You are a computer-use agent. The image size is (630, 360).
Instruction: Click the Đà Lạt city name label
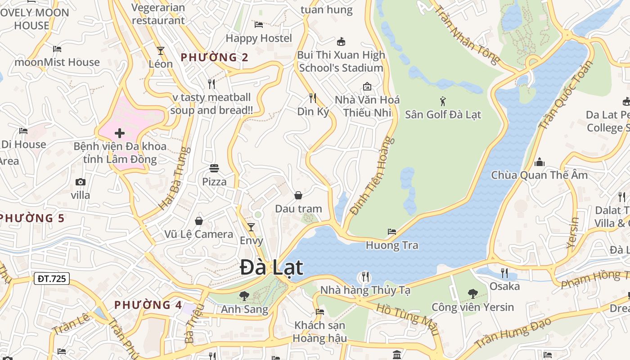[x=271, y=268]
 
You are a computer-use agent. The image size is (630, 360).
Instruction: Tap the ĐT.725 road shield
[x=52, y=279]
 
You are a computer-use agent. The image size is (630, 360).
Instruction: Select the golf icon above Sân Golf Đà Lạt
[x=443, y=101]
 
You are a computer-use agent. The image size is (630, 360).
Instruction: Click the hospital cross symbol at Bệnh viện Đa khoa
[x=120, y=133]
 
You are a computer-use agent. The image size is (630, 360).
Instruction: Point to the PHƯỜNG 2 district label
[x=214, y=57]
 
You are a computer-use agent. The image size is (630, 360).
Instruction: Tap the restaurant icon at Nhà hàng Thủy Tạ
[x=365, y=276]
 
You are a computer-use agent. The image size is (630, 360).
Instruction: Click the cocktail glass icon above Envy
[x=251, y=227]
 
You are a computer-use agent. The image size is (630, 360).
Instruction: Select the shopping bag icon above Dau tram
[x=298, y=195]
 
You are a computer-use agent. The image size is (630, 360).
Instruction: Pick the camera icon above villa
[x=81, y=182]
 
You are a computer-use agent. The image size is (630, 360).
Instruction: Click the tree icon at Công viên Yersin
[x=472, y=294]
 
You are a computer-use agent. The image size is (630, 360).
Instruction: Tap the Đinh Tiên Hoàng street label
[x=372, y=176]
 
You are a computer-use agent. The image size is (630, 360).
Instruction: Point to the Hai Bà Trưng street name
[x=172, y=179]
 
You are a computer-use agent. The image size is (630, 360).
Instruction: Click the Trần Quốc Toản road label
[x=566, y=95]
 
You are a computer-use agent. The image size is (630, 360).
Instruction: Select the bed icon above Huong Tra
[x=392, y=232]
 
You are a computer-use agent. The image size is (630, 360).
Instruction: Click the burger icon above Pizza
[x=214, y=168]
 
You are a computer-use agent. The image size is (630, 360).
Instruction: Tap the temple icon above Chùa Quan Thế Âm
[x=539, y=162]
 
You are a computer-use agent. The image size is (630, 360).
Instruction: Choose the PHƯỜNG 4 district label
[x=148, y=305]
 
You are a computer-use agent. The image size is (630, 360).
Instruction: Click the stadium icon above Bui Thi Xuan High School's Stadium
[x=341, y=41]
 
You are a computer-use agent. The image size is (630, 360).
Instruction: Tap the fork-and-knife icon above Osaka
[x=504, y=273]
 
